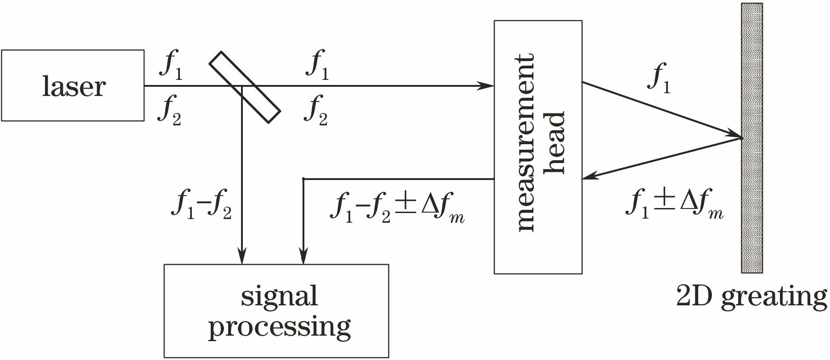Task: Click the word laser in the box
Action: [x=74, y=86]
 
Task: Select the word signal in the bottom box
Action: [x=279, y=297]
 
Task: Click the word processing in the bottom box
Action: [x=279, y=327]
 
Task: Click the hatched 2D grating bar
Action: [x=751, y=138]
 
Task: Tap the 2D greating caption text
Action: [x=751, y=297]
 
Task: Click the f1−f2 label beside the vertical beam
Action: [x=201, y=206]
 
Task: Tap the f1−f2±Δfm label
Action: [x=397, y=209]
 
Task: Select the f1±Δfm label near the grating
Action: [x=674, y=205]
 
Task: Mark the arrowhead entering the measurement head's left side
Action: [x=487, y=86]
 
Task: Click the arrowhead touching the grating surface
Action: [x=735, y=135]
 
